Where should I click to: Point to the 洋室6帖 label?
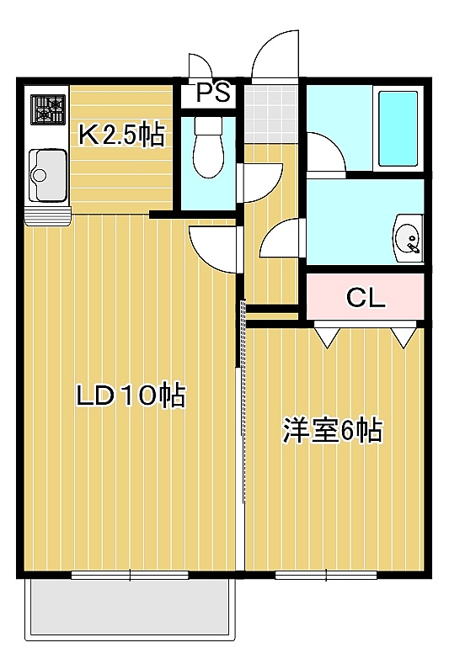tap(332, 431)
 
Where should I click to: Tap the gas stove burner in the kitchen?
tap(47, 110)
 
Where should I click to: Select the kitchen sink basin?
tap(47, 175)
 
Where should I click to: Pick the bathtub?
tap(398, 129)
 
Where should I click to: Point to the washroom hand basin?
tap(409, 238)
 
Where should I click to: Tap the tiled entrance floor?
tap(271, 114)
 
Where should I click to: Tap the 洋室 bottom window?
tap(326, 575)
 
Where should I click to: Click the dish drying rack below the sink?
tap(47, 215)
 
